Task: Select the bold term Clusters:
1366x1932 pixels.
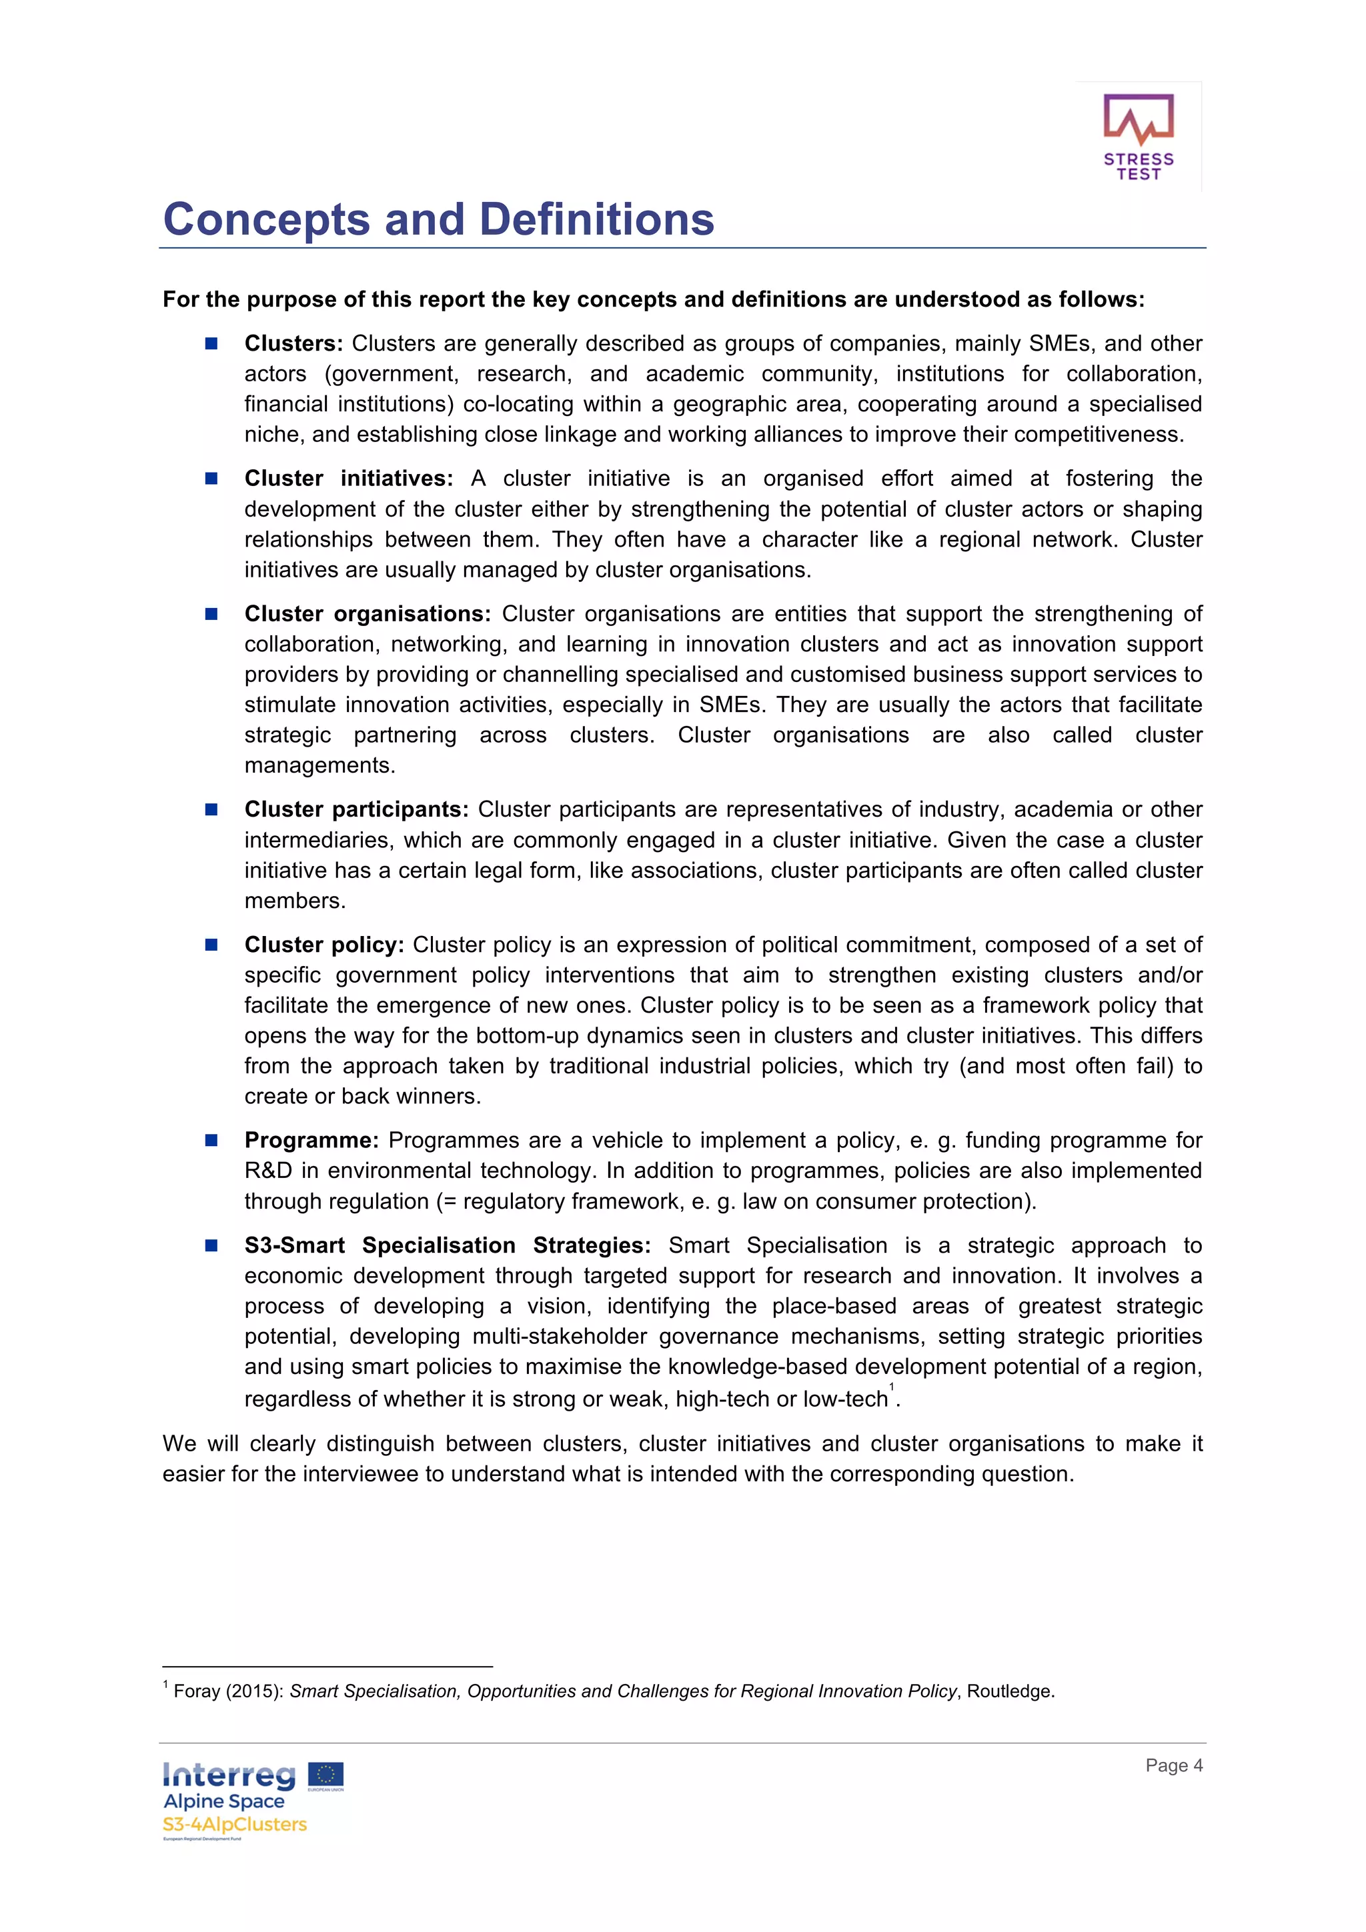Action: [293, 343]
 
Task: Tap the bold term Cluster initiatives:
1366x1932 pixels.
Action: [348, 478]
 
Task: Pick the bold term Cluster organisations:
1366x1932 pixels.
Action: [367, 613]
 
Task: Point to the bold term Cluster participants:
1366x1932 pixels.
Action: [356, 809]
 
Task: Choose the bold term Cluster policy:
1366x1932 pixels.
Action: [324, 944]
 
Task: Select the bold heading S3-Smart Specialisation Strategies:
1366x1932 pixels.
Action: [447, 1245]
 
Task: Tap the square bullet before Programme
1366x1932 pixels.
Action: [211, 1140]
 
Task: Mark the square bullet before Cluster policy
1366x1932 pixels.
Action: [211, 944]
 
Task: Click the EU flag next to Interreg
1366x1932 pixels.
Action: [325, 1775]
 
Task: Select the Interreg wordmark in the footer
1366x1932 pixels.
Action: [229, 1775]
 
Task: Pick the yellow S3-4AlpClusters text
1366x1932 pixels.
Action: [235, 1824]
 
